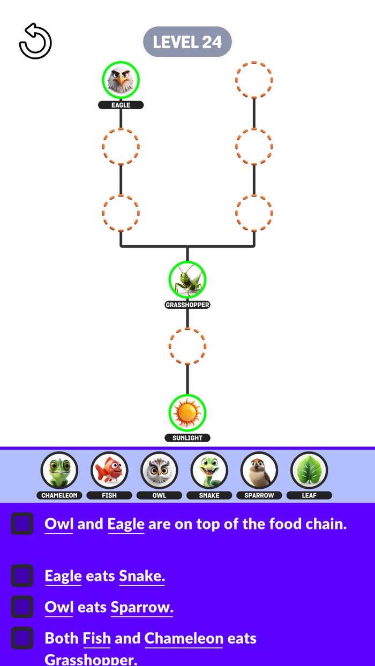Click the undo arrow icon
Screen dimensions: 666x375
[x=35, y=41]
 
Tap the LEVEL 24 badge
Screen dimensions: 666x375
[x=187, y=42]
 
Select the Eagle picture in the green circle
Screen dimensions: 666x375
[x=121, y=80]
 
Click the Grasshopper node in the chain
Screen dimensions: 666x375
[x=187, y=279]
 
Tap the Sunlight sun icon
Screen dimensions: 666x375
[x=187, y=413]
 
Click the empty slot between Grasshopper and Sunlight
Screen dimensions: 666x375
[x=187, y=346]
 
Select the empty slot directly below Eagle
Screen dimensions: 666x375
[x=121, y=146]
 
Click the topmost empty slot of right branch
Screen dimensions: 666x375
[x=254, y=80]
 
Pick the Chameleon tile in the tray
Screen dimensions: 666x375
[x=59, y=471]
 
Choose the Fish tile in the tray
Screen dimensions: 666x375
[x=109, y=471]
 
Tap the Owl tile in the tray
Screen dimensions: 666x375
[x=159, y=471]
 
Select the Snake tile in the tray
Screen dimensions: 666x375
[x=209, y=471]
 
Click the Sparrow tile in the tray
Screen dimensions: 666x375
[x=259, y=471]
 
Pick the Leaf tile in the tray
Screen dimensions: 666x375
[x=309, y=471]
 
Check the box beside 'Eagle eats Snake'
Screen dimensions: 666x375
[x=22, y=576]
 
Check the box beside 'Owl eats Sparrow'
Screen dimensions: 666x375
[x=22, y=607]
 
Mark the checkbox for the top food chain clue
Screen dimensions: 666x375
[x=22, y=524]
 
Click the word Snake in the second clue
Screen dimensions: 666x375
[x=141, y=576]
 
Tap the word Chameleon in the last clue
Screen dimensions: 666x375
[x=183, y=638]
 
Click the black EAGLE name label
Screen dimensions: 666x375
[x=121, y=105]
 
